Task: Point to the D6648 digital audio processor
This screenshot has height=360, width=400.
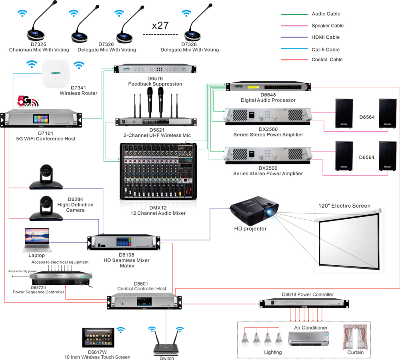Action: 268,87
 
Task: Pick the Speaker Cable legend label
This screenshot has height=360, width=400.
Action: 327,26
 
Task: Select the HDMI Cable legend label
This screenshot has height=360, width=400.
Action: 326,37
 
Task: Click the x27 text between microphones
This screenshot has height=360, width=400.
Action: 160,26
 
